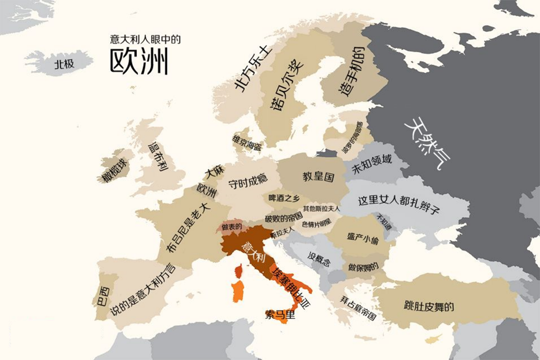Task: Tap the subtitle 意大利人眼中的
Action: pos(145,39)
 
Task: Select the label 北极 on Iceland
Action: pos(64,64)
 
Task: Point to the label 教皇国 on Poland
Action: pos(318,176)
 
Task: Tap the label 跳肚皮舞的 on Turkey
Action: pos(429,306)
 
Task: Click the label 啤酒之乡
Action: pos(284,198)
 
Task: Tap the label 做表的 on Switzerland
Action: pos(232,226)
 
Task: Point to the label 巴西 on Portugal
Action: pos(103,296)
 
